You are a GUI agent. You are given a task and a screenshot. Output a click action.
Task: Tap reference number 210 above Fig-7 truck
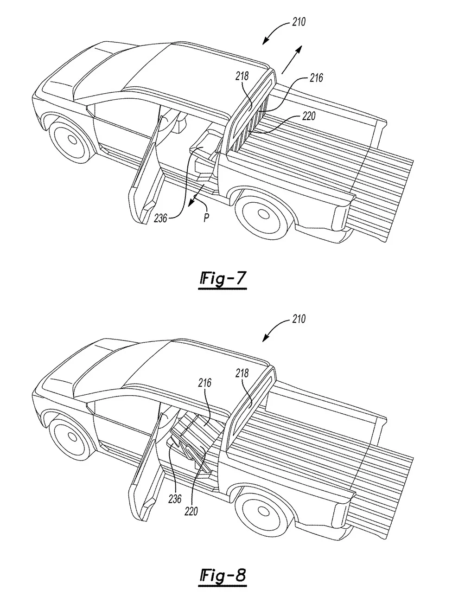point(299,22)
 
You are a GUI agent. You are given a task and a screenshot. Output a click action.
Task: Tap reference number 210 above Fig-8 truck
point(299,319)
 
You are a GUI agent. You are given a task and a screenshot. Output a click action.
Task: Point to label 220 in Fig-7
point(308,116)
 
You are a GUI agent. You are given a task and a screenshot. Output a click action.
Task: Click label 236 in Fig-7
point(161,217)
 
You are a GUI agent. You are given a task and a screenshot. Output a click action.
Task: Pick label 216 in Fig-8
point(205,383)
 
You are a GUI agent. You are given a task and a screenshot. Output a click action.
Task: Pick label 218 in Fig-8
point(242,373)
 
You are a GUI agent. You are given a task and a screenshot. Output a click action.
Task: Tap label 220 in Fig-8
point(191,511)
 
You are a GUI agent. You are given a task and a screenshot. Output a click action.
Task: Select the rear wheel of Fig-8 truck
point(262,512)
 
